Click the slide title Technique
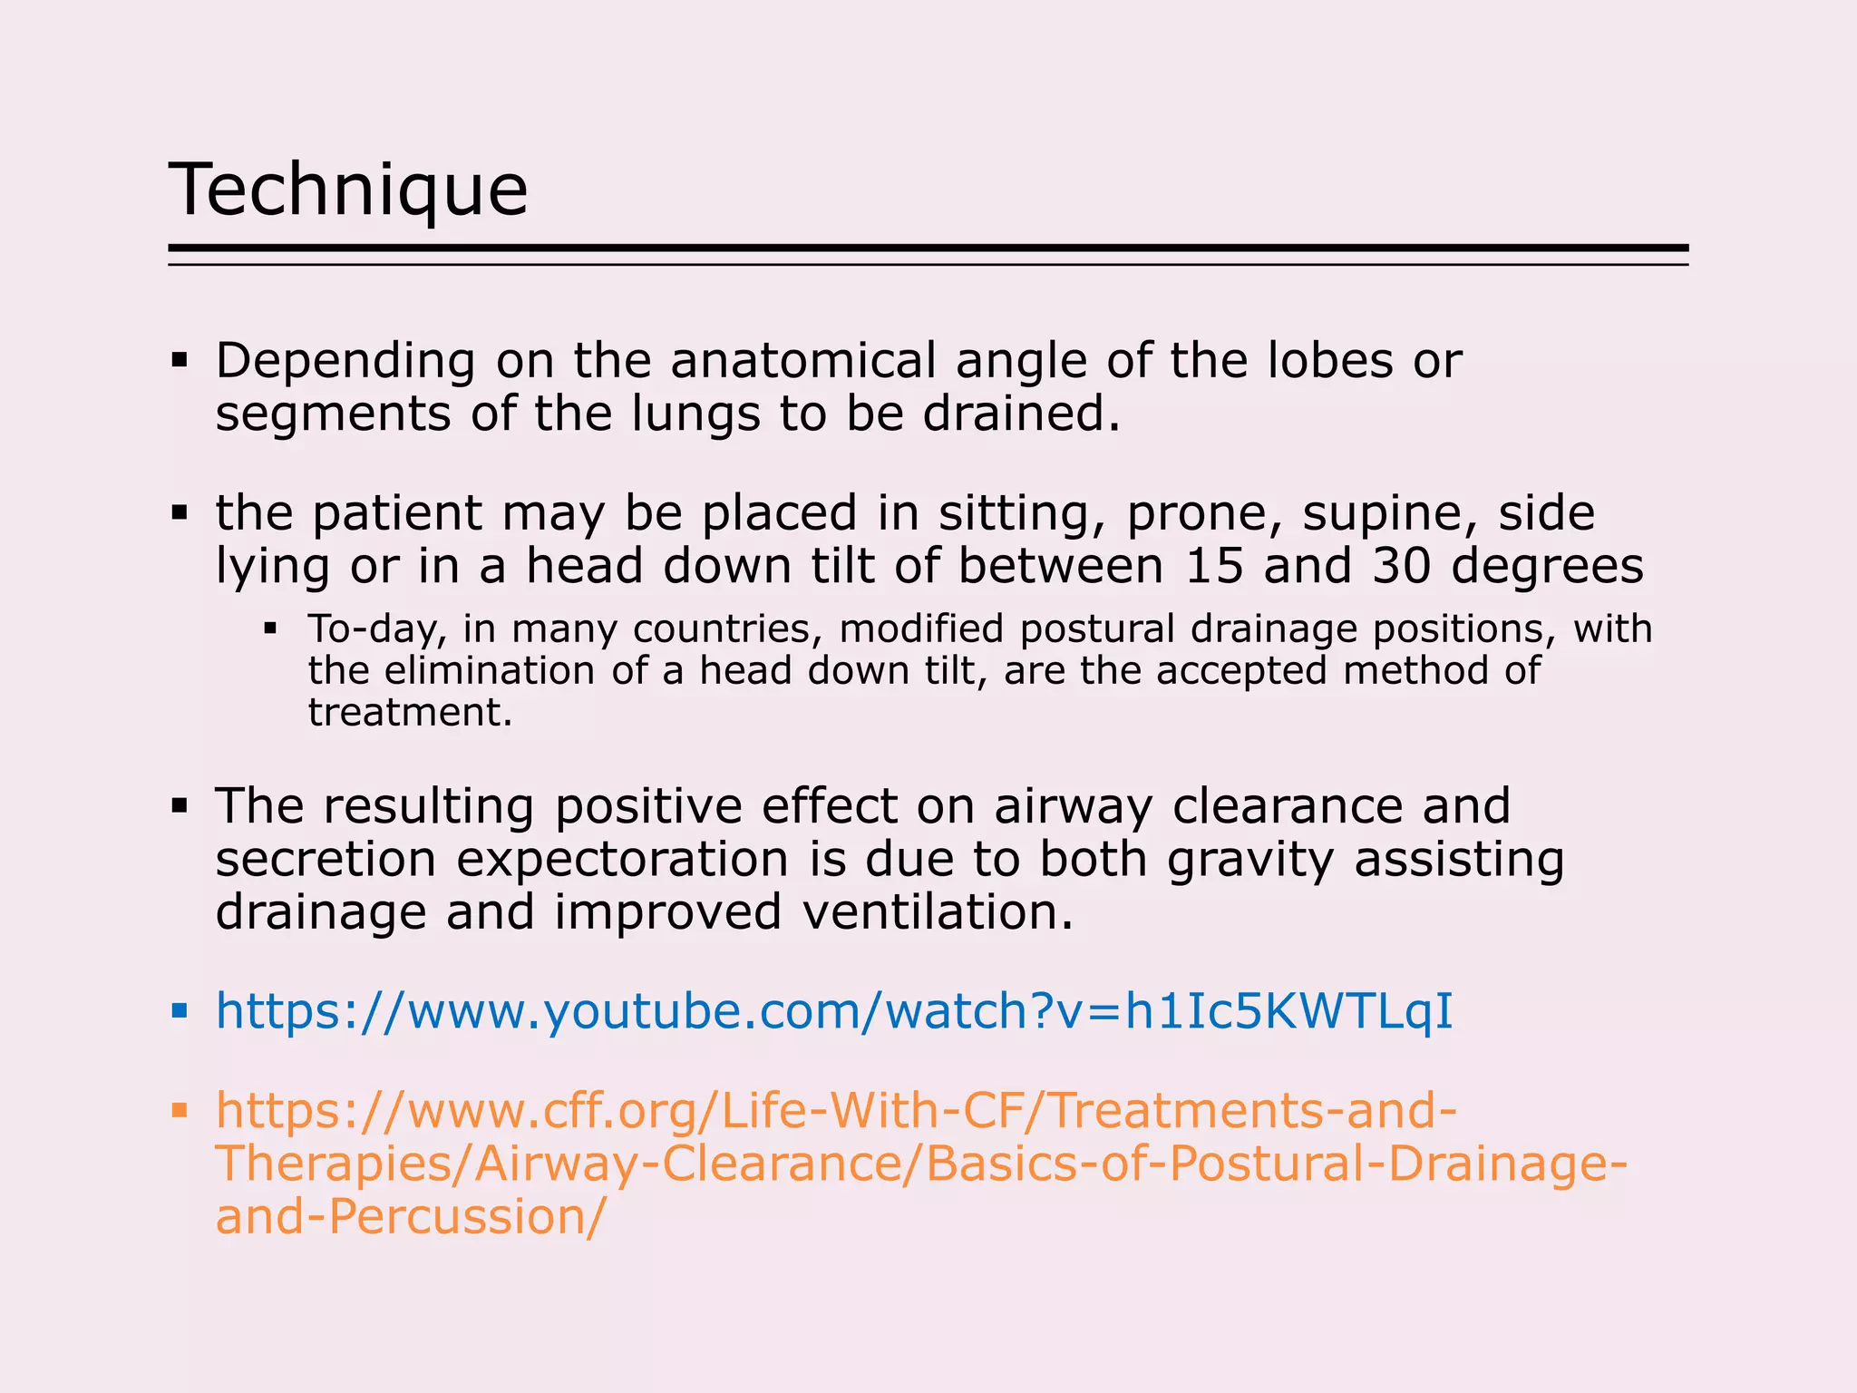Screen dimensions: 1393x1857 (348, 190)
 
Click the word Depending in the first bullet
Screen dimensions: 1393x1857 (345, 362)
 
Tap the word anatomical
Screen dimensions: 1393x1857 (802, 361)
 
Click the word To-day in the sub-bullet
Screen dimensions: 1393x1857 (378, 629)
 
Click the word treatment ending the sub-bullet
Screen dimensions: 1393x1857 (410, 713)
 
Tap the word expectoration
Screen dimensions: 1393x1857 (622, 860)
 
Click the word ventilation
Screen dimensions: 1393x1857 (938, 912)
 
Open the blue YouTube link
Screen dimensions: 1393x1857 (834, 1011)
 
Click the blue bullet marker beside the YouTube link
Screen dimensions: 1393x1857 (180, 1010)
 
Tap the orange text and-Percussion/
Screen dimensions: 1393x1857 (410, 1217)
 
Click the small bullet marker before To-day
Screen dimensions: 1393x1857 (270, 628)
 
